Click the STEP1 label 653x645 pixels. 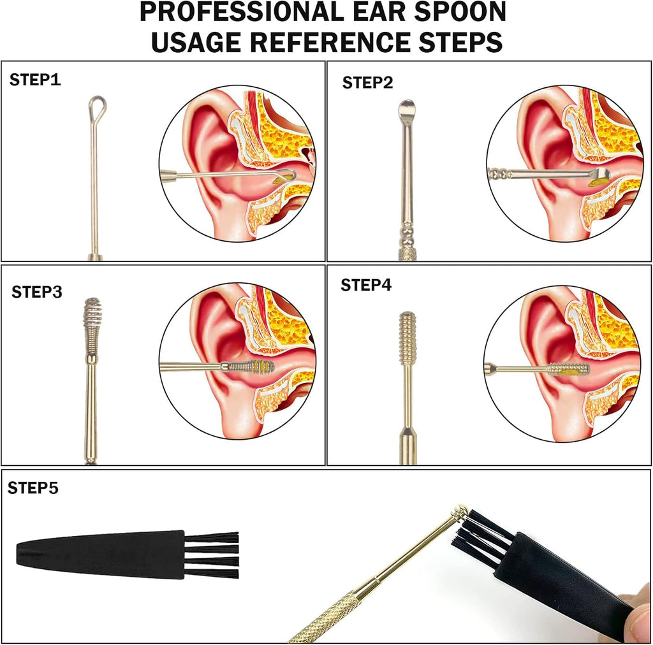tap(35, 80)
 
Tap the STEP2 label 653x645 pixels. tap(367, 82)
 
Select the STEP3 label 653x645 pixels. tap(36, 292)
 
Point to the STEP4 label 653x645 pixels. tap(366, 285)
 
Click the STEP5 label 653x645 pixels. tap(33, 488)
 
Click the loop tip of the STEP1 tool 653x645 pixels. tap(97, 107)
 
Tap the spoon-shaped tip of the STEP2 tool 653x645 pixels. tap(406, 108)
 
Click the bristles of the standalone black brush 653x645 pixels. tap(212, 555)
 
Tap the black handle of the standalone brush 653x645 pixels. tap(100, 555)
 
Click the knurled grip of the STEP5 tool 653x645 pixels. tap(328, 617)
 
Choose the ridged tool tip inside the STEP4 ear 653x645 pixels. tap(568, 368)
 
